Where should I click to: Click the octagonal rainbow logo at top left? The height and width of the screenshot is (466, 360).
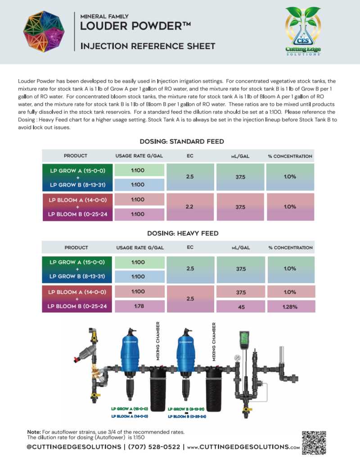point(44,31)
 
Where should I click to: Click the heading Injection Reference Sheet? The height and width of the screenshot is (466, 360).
point(148,46)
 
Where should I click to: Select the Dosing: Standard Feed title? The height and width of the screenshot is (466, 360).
point(182,141)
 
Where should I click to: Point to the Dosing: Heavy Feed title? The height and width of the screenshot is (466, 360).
point(183,233)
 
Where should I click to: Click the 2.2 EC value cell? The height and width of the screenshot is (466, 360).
point(189,206)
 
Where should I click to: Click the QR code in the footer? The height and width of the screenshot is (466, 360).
point(313,443)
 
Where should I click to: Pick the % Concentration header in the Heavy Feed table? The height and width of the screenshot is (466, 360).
point(290,248)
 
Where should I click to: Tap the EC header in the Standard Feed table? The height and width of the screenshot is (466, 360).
point(189,156)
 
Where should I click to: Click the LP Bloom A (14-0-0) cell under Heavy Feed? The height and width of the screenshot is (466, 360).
point(77,292)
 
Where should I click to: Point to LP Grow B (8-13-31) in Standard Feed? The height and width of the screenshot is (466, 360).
point(77,184)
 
